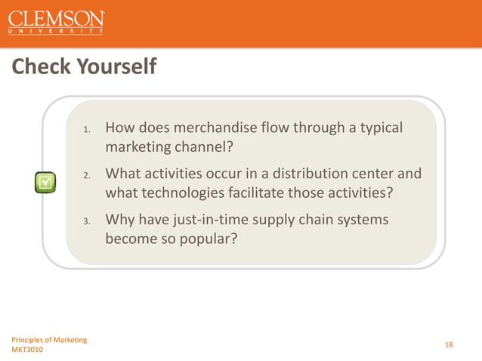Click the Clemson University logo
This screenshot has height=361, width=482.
[57, 23]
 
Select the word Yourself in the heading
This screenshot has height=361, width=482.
[118, 68]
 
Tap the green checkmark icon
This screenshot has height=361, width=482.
[45, 181]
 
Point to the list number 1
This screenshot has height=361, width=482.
[87, 130]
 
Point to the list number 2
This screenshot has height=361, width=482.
[87, 176]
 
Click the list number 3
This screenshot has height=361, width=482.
[87, 222]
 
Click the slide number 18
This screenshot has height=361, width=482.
[449, 344]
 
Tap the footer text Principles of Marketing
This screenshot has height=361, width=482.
[48, 339]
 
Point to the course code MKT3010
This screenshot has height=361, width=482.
[28, 350]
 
